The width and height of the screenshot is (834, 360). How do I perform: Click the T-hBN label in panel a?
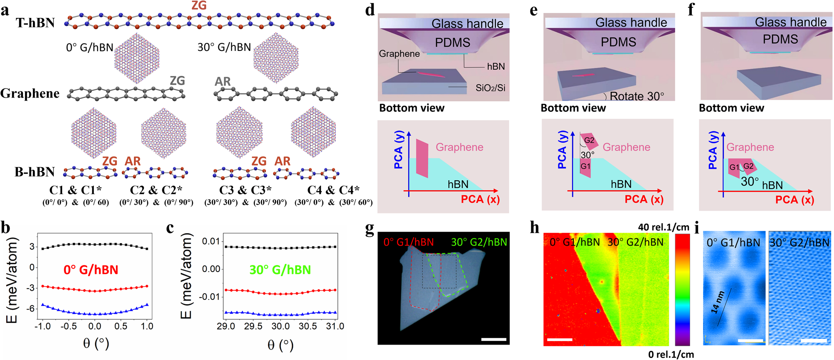pos(35,23)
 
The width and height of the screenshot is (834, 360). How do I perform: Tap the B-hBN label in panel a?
pos(35,172)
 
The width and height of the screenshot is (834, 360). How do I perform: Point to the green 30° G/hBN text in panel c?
pos(280,270)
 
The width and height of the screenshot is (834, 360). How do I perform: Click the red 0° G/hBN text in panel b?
pos(91,270)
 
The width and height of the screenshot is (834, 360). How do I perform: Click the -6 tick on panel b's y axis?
pos(31,308)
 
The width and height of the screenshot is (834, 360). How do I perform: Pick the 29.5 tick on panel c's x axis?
pos(253,326)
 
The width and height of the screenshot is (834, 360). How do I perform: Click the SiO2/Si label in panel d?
pos(490,88)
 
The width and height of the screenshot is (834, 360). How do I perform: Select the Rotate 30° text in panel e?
pos(637,96)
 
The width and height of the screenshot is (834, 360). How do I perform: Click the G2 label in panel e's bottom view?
pos(589,141)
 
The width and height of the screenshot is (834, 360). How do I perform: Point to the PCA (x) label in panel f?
pos(794,200)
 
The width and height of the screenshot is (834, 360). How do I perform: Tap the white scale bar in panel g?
pos(493,340)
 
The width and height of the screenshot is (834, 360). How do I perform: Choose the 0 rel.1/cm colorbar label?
pos(671,355)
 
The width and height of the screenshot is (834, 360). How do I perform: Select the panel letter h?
pos(534,228)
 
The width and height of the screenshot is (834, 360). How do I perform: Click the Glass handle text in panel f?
pos(791,22)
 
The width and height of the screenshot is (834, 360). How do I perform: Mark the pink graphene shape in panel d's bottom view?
pos(422,159)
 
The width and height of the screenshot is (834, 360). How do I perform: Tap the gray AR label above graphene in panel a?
pos(222,81)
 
